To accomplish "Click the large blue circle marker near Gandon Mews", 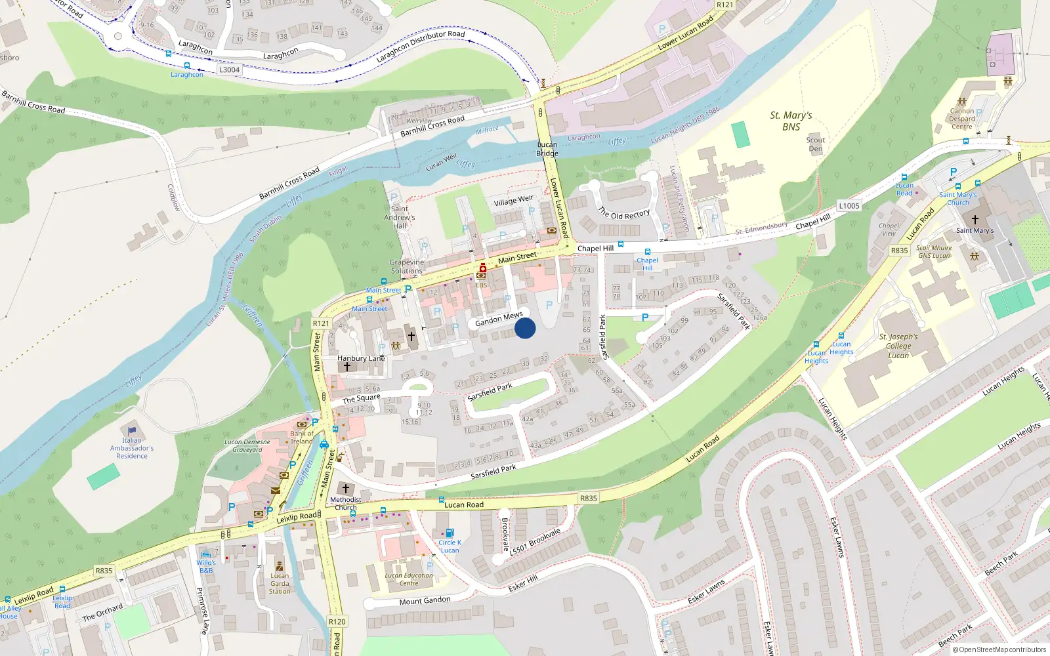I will coord(525,328).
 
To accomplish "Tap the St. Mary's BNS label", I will coord(791,121).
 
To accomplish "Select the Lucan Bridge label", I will coord(547,149).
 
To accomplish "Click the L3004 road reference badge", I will coord(229,70).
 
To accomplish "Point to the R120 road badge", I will coord(337,621).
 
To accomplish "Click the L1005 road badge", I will coord(849,205).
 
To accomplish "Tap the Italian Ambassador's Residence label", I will coord(132,449).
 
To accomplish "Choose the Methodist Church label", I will coord(345,503).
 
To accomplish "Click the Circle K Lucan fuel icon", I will coord(450,533).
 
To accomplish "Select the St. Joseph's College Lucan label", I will coord(898,346).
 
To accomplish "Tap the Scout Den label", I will coord(816,144).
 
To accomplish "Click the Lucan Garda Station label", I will coord(280,583).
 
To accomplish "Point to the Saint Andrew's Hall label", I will coord(400,217).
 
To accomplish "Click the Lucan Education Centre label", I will coord(409,579).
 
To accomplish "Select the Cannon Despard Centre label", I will coord(962,119).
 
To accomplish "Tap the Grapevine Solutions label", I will coord(407,266).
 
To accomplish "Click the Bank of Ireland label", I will coord(302,437).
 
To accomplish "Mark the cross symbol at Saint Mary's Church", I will coord(975,220).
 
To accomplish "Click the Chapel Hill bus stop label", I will coord(647,264).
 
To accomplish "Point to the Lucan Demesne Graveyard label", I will coord(247,445).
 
